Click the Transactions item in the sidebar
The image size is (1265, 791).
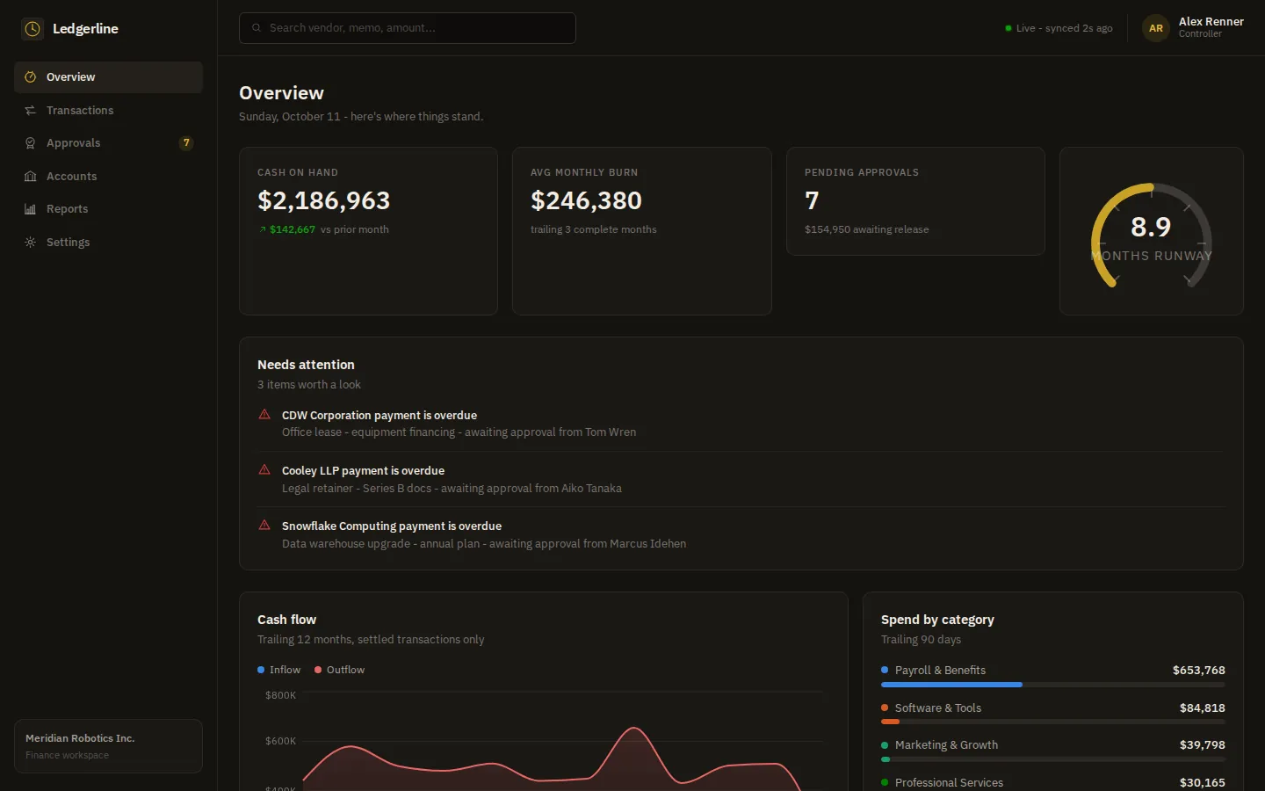(80, 110)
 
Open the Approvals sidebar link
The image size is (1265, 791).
(73, 143)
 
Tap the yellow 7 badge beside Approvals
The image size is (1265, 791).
(186, 143)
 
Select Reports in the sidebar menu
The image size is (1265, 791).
(67, 209)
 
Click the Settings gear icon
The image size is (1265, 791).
(31, 242)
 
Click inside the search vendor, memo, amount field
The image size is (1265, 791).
(408, 28)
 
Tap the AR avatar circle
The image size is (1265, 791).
(1155, 28)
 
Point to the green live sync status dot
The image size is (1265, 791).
(1008, 28)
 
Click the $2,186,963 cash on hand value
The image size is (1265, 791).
(323, 200)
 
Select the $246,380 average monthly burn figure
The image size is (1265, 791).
(586, 200)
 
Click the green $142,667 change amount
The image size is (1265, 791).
(293, 229)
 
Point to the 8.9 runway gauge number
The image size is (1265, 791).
(1151, 227)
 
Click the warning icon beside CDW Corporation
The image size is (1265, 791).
(264, 414)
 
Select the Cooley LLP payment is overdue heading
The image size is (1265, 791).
(363, 471)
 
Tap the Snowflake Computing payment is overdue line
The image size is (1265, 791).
(392, 526)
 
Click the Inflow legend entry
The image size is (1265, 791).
(279, 670)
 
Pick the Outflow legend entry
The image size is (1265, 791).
(339, 670)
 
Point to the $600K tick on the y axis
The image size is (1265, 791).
(281, 741)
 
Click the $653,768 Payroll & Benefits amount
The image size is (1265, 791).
(1199, 670)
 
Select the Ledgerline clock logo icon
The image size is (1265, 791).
(33, 29)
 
